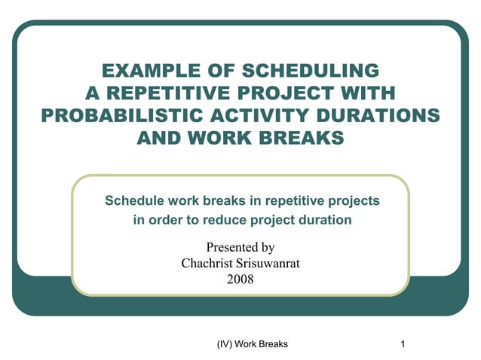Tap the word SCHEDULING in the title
(311, 72)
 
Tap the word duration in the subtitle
(323, 220)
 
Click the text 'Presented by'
(240, 247)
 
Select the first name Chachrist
(207, 263)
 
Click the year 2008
(240, 279)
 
